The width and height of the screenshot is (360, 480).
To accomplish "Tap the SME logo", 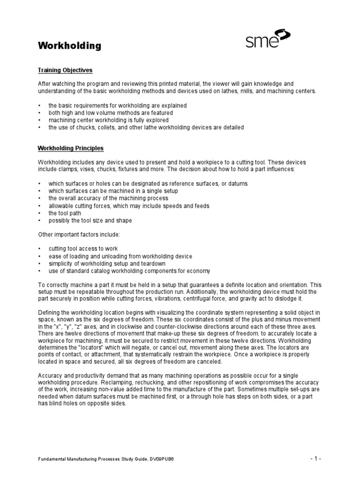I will (x=268, y=40).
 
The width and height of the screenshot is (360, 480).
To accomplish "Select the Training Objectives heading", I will (x=65, y=70).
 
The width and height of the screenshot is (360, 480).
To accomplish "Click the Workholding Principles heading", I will (x=70, y=148).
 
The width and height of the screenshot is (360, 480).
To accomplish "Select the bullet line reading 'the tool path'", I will (x=65, y=213).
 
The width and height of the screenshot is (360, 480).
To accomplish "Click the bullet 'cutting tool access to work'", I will (x=83, y=248).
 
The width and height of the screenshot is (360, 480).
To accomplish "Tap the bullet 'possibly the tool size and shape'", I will (x=90, y=220).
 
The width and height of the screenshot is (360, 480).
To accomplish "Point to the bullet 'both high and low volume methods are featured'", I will (x=111, y=113).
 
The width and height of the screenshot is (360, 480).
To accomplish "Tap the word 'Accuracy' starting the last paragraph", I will (x=50, y=376).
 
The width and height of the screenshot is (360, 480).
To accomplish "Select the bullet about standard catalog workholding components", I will (x=129, y=271).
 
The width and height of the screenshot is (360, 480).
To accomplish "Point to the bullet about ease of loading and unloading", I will (x=120, y=256).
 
